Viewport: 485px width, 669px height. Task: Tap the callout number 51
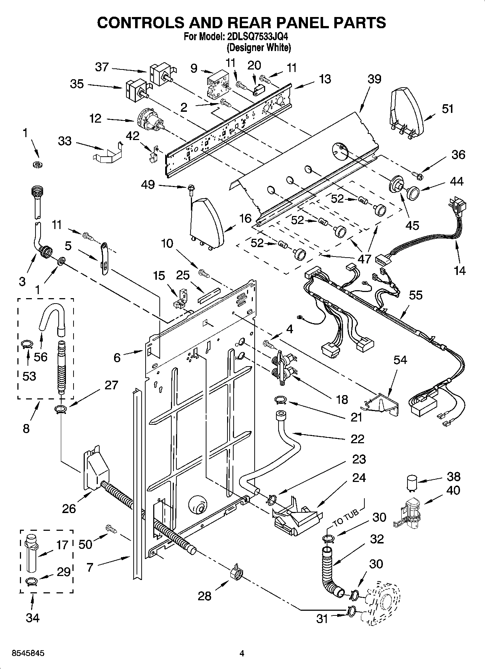click(x=448, y=109)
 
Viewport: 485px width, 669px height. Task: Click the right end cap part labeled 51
click(x=407, y=110)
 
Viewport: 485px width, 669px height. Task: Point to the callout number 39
click(x=374, y=79)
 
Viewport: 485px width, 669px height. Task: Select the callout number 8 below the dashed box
click(x=26, y=428)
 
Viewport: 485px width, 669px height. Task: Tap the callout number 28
click(x=204, y=596)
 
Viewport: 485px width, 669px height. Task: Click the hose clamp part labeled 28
click(x=235, y=573)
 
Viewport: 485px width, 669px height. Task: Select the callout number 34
click(x=33, y=617)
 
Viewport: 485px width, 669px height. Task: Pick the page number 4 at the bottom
click(x=242, y=653)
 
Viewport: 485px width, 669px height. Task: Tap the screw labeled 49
click(x=189, y=188)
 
